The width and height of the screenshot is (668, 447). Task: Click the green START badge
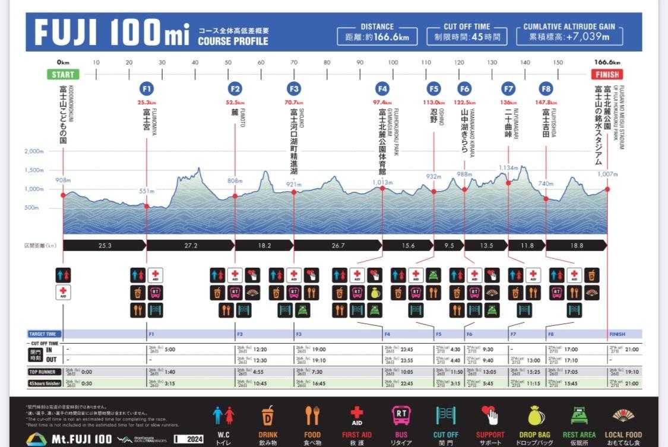click(x=63, y=75)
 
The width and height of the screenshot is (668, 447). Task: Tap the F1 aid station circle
click(x=147, y=89)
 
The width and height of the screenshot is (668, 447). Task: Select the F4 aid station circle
click(x=382, y=89)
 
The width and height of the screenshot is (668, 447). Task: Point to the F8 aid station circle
click(x=546, y=89)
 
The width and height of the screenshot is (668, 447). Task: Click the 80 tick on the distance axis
click(x=327, y=62)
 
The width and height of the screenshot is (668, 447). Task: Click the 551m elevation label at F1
click(x=147, y=191)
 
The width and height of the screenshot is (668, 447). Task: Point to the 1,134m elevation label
click(x=508, y=168)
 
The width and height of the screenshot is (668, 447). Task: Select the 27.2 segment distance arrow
click(x=191, y=245)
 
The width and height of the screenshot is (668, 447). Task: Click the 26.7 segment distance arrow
click(x=338, y=245)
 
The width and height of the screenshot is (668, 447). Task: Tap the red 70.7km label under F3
click(x=294, y=102)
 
